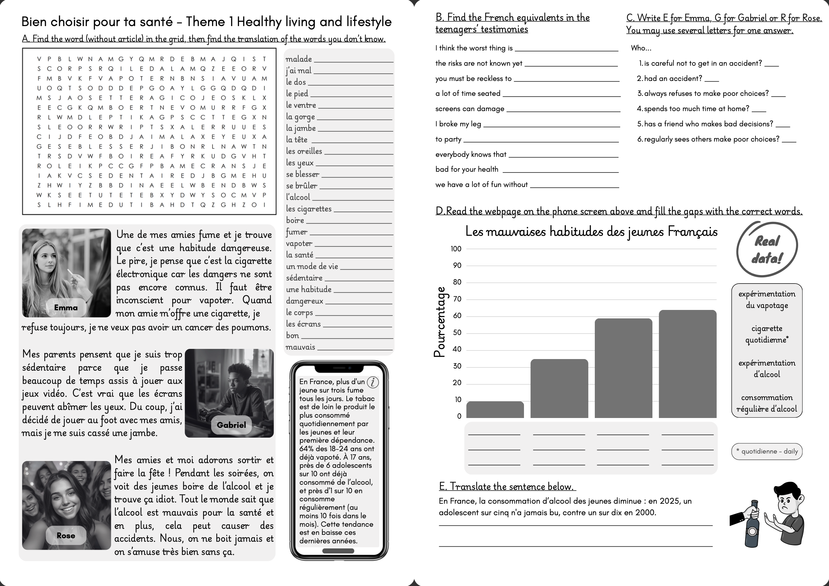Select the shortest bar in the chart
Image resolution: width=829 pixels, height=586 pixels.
pos(495,410)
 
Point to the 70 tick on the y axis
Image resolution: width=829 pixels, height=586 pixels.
pos(457,299)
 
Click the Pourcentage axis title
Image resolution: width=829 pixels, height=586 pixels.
pos(440,322)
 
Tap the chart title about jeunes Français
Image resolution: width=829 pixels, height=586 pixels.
pos(591,231)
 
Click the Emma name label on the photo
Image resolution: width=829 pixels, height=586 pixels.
pos(66,308)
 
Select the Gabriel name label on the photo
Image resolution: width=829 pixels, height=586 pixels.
pos(231,425)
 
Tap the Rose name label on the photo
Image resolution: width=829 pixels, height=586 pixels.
pos(66,536)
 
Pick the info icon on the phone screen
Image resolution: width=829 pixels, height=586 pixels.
pos(372,382)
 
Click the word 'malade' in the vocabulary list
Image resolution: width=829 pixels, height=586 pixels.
pos(299,59)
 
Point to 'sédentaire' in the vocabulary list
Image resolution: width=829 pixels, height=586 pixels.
pos(304,278)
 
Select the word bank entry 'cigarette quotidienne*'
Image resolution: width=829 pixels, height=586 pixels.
pos(767,334)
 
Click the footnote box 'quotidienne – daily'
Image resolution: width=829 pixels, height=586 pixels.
pos(767,452)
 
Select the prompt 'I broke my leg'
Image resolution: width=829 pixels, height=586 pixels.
pos(458,124)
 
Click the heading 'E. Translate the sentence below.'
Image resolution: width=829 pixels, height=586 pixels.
pos(507,486)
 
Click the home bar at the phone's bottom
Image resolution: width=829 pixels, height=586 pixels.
pos(338,551)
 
